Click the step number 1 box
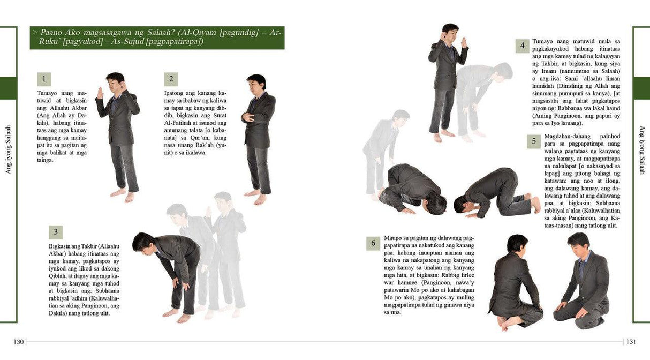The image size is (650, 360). (x=43, y=79)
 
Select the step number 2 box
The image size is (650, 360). (x=171, y=79)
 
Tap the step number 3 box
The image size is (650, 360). (x=55, y=232)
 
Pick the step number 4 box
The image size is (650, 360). (x=523, y=46)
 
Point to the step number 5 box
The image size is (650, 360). (x=534, y=142)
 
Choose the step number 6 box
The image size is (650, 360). (x=374, y=243)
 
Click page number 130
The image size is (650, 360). (x=19, y=342)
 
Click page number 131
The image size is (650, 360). (x=631, y=342)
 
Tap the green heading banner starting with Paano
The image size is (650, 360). (x=157, y=37)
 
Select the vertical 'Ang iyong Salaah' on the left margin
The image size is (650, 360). (x=9, y=149)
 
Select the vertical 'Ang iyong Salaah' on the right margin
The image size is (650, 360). (x=642, y=150)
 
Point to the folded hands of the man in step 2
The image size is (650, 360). (x=247, y=118)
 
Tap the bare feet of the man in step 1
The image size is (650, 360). (x=123, y=195)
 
